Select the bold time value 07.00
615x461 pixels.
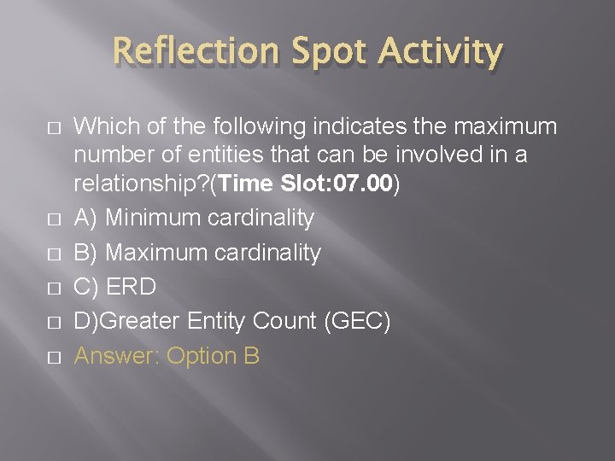point(361,183)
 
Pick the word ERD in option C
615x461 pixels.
point(132,288)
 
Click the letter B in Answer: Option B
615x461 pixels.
point(251,357)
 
